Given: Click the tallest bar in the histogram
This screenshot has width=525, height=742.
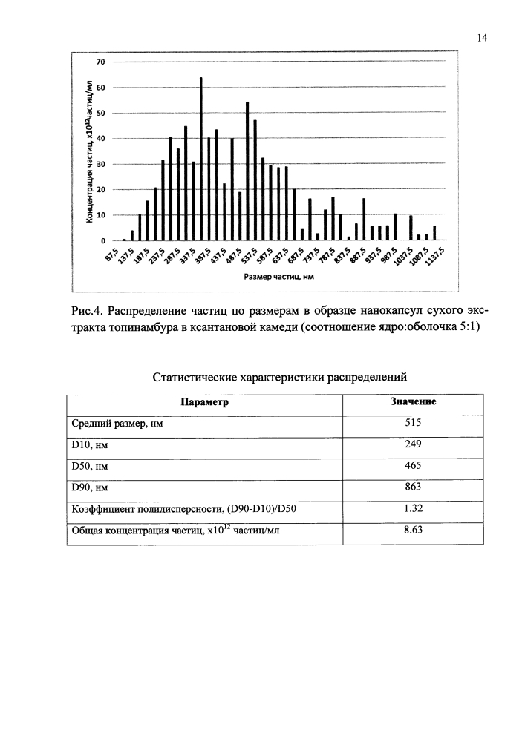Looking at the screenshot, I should (x=200, y=159).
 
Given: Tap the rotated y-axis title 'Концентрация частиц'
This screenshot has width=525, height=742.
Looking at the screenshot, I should (x=88, y=148).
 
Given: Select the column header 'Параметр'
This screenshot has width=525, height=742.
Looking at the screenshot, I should (x=204, y=402).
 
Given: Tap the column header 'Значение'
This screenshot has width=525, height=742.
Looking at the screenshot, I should (x=413, y=402).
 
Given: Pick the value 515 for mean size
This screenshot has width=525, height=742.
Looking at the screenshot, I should (x=413, y=424).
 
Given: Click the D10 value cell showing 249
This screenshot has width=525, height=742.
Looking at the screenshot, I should (x=413, y=444).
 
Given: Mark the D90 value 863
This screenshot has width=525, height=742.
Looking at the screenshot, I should (x=413, y=487).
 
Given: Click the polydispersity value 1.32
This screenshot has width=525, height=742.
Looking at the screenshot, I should (x=413, y=508).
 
